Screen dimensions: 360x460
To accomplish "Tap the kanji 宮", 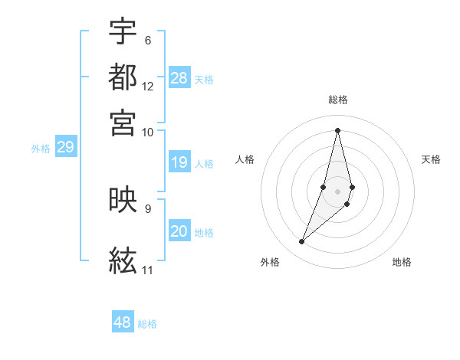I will point(123,123).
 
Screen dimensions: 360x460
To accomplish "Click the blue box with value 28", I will point(179,78).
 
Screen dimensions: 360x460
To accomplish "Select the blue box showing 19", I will point(179,162).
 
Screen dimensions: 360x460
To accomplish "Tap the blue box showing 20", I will point(179,231).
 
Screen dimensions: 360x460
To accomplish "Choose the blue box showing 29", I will point(65,147).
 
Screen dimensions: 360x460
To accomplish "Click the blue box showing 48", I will point(123,322).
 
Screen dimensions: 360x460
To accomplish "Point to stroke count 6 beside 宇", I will point(147,40).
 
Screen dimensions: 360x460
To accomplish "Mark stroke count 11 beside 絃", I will point(147,270).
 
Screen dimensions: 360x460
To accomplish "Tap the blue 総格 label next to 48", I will point(148,324).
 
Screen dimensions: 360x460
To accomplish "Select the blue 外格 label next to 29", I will point(41,149).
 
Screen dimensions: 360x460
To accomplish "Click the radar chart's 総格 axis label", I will point(337,100).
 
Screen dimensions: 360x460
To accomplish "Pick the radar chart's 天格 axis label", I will point(431,159).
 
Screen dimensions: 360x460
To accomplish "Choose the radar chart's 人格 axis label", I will point(245,159).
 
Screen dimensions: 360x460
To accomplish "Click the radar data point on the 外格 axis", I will point(302,242).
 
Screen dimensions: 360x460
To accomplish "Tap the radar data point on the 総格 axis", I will point(337,129).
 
